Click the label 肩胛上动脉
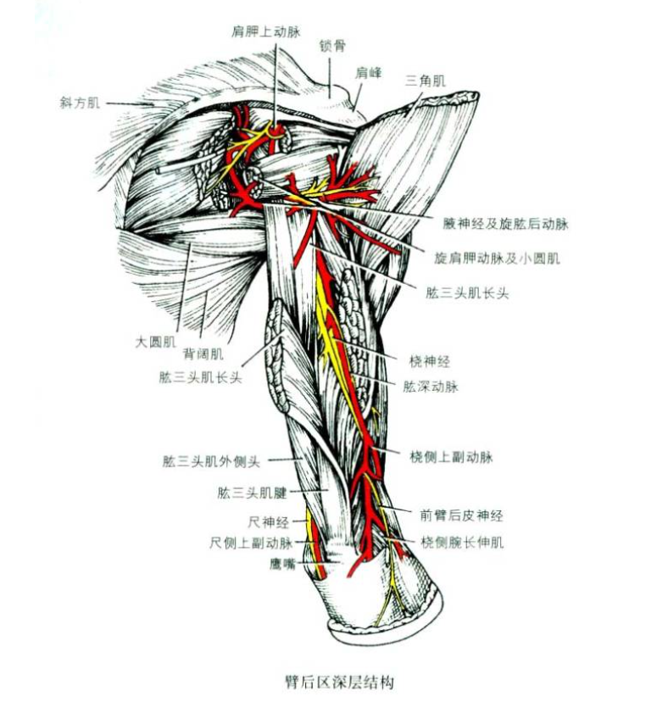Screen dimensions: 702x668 pyautogui.click(x=266, y=31)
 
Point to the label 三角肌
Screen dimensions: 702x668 pyautogui.click(x=426, y=81)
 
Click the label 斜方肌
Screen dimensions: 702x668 pyautogui.click(x=80, y=103)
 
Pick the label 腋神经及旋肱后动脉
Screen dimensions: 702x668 pyautogui.click(x=505, y=225)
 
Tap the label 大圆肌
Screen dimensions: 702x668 pyautogui.click(x=155, y=343)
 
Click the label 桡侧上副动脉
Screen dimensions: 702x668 pyautogui.click(x=451, y=458)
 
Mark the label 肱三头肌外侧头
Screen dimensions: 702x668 pyautogui.click(x=212, y=462)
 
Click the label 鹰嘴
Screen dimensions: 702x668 pyautogui.click(x=282, y=563)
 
